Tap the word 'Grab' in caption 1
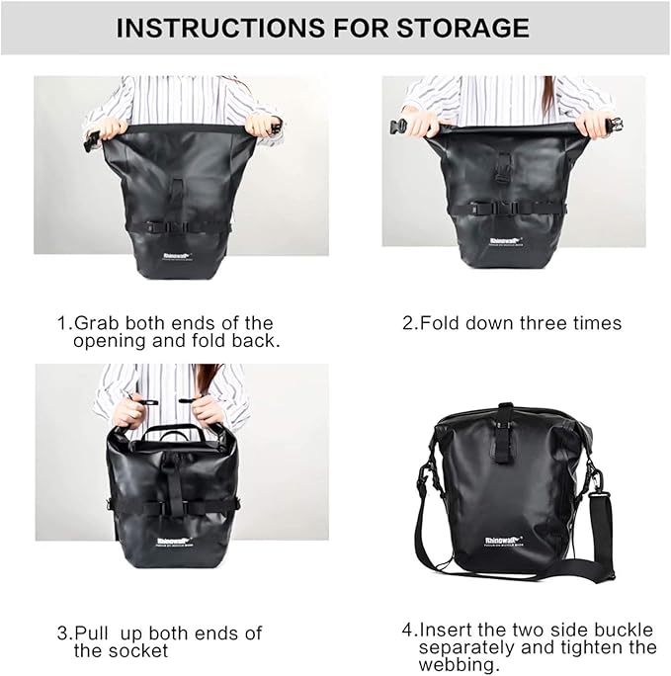[x=96, y=323]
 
